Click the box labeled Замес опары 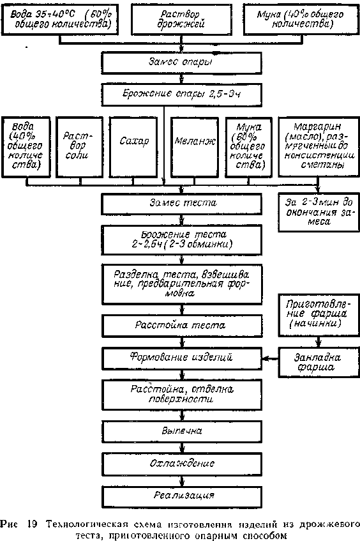181,63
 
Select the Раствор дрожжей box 181,19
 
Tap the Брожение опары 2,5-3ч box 181,94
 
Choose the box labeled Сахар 134,147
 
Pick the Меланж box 195,147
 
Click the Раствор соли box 79,147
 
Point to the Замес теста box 181,204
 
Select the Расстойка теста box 181,326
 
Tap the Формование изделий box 181,358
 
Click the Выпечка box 181,432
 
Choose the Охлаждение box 181,463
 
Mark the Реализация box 181,496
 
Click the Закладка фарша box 319,362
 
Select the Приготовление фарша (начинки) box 319,315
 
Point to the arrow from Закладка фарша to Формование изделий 271,359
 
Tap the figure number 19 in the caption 31,524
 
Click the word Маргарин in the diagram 317,126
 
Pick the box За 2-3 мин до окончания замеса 319,212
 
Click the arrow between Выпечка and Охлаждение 182,448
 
